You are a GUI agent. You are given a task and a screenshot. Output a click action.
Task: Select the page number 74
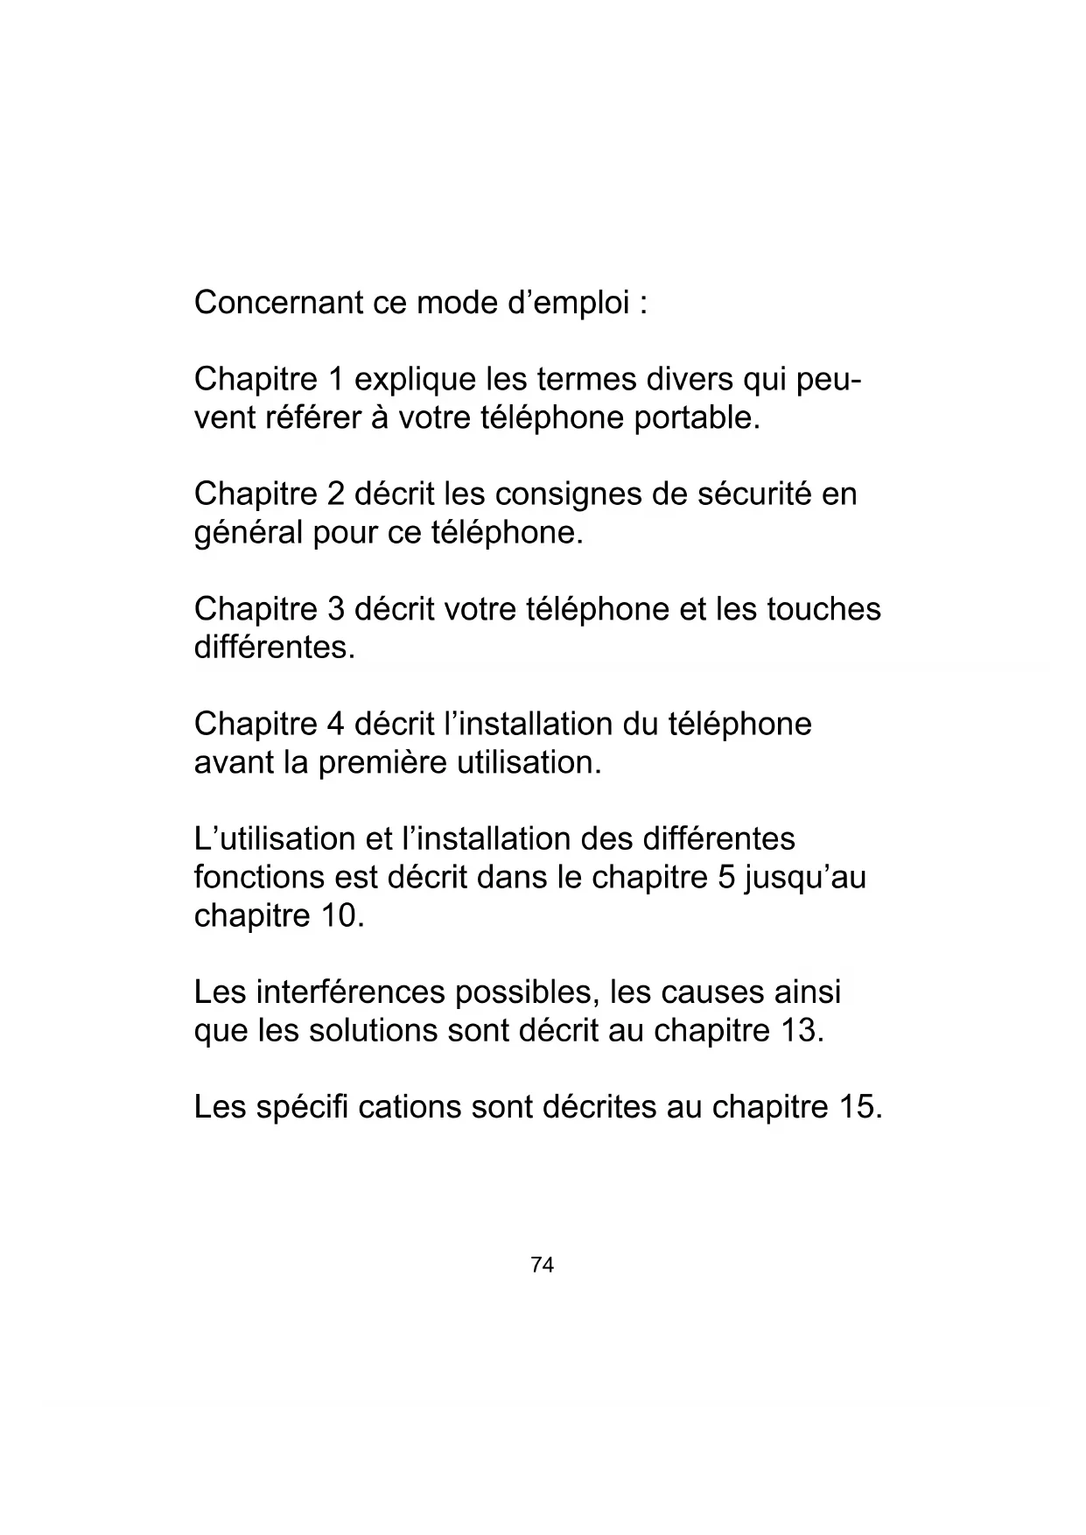click(x=543, y=1265)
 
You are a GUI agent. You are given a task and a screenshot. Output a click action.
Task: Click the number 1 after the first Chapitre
click(x=335, y=380)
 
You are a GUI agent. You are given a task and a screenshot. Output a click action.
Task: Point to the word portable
click(x=697, y=418)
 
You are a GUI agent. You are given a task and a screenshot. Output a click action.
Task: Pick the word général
click(x=249, y=533)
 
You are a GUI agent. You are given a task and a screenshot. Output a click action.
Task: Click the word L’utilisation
click(x=275, y=839)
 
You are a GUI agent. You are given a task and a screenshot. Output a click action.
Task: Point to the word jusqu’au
click(x=804, y=878)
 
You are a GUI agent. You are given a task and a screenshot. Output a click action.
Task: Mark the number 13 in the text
click(x=800, y=1031)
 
